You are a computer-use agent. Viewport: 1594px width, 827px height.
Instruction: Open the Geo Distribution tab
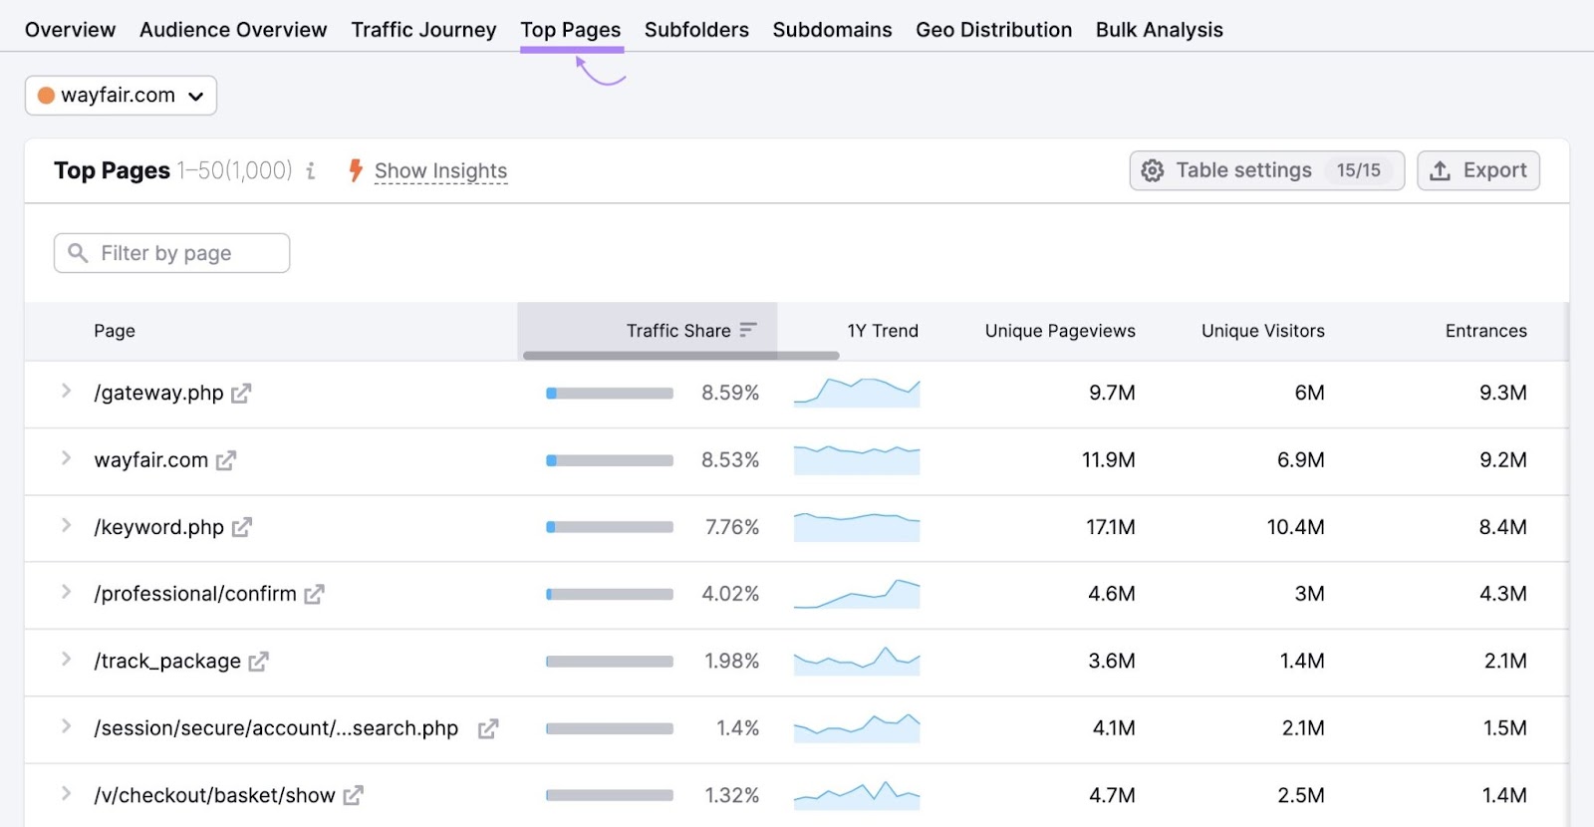(x=993, y=30)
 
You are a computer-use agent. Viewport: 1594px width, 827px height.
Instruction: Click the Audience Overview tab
(x=233, y=30)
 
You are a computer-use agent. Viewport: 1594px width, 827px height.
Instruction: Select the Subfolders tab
(x=696, y=30)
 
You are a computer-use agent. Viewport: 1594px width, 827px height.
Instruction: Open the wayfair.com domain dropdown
(x=121, y=96)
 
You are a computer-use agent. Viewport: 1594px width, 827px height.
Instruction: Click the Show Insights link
(x=440, y=171)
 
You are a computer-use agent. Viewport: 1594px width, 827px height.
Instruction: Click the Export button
(x=1478, y=170)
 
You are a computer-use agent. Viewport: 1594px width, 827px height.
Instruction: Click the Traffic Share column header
(x=678, y=331)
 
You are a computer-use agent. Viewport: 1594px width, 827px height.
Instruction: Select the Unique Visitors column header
(x=1262, y=331)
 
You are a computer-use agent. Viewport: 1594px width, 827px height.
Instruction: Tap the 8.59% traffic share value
(x=729, y=393)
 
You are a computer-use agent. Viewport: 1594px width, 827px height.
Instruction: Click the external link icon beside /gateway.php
(x=241, y=394)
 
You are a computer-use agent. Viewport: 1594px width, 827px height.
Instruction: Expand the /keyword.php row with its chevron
(x=66, y=525)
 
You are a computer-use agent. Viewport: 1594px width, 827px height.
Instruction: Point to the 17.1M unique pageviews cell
(x=1110, y=527)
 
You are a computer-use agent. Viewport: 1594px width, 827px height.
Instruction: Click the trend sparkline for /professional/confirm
(x=857, y=594)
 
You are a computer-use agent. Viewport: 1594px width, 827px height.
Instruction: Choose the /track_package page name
(x=167, y=662)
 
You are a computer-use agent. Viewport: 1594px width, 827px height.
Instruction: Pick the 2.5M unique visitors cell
(x=1300, y=795)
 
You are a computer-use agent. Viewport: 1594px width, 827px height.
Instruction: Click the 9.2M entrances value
(x=1502, y=460)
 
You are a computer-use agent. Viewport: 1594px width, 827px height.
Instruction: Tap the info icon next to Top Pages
(x=311, y=171)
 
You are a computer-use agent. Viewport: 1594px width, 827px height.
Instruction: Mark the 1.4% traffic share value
(x=737, y=728)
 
